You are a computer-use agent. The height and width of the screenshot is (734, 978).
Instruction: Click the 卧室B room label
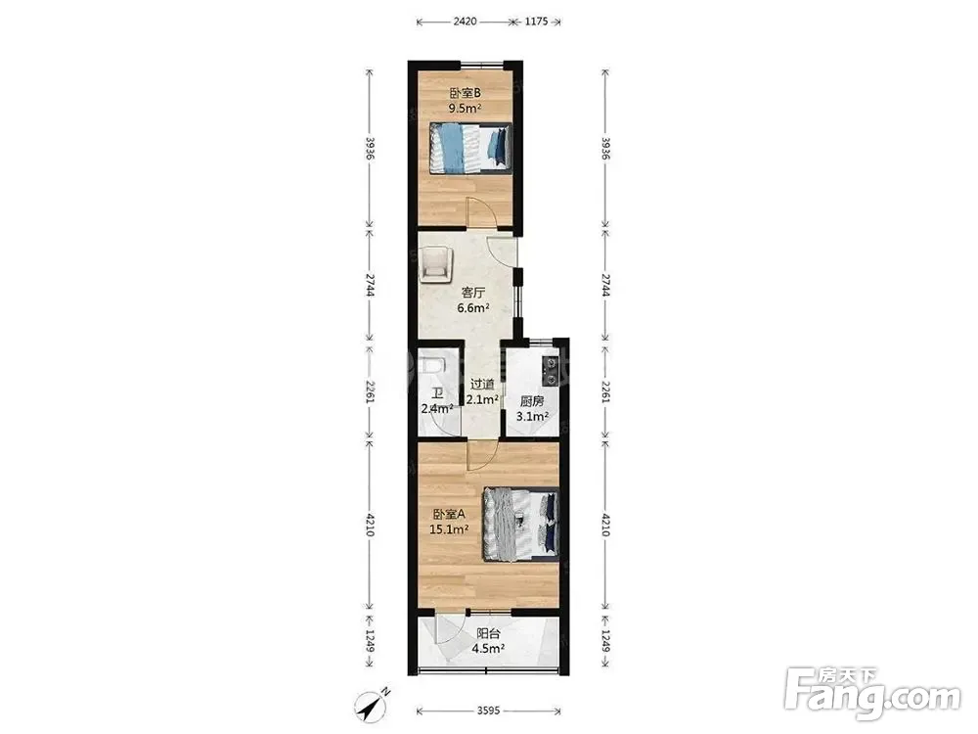pos(466,94)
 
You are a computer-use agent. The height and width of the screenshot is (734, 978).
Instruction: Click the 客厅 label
pos(472,292)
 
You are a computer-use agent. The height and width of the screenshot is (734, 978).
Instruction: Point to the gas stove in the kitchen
pos(550,370)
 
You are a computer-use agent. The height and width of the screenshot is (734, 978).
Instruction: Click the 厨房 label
pos(532,402)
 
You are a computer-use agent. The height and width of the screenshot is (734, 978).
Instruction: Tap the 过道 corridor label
pos(482,385)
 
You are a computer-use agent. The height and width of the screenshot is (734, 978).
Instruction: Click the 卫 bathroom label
pos(437,393)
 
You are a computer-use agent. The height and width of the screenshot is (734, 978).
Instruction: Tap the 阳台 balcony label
pos(488,634)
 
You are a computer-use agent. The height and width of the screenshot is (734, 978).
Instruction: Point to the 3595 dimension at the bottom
pos(488,711)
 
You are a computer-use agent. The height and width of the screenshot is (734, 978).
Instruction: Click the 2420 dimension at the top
pos(465,22)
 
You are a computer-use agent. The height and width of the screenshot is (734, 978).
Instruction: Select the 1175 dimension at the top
pos(536,22)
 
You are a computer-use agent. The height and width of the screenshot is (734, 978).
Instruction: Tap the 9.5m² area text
pos(466,109)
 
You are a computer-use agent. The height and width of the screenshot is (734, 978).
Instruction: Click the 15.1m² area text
pos(450,529)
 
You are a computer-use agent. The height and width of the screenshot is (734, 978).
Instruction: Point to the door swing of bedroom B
pos(482,212)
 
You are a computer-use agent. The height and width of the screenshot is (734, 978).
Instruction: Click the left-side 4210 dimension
pos(370,525)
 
